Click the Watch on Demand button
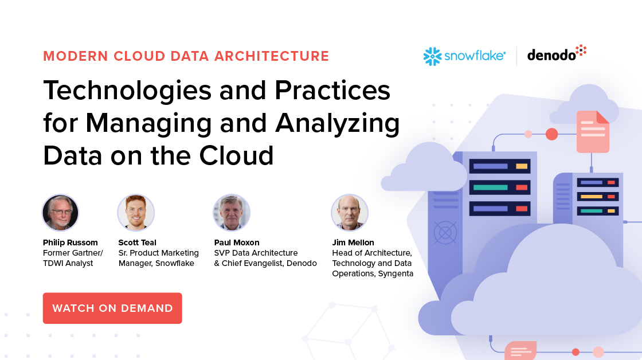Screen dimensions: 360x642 (x=112, y=308)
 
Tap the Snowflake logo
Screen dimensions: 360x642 (x=464, y=56)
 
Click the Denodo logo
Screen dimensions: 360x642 (x=557, y=54)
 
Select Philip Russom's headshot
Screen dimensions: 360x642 (x=60, y=213)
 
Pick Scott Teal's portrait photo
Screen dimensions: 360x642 (x=136, y=213)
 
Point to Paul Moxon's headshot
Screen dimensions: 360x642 (x=231, y=213)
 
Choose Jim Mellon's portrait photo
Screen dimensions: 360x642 (x=350, y=213)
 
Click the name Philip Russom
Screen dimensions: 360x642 (x=71, y=242)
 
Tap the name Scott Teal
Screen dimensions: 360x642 (x=138, y=242)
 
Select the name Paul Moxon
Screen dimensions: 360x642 (x=237, y=242)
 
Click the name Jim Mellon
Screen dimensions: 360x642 (x=353, y=242)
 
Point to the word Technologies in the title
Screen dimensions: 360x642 (x=127, y=91)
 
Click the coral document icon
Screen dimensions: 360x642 (x=592, y=131)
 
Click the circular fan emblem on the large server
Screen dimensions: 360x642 (x=445, y=232)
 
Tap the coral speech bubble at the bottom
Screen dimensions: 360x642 (x=520, y=350)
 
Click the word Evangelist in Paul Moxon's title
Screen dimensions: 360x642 (x=263, y=263)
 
